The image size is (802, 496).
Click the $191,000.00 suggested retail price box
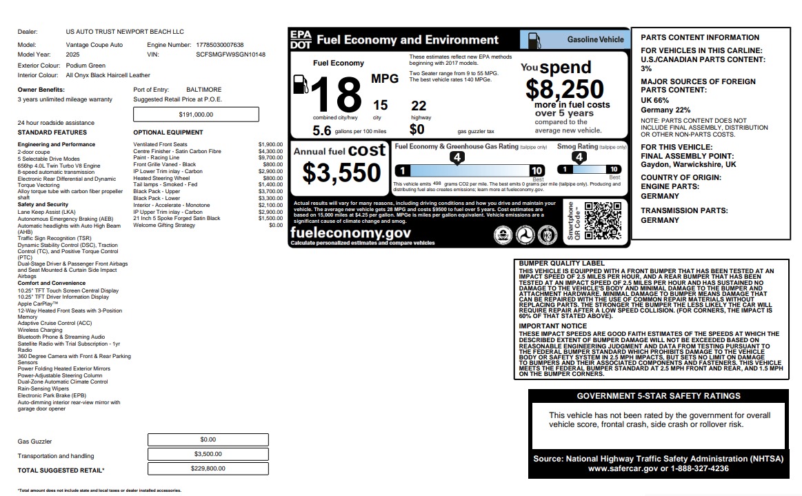[196, 115]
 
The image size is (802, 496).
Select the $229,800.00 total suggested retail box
[208, 468]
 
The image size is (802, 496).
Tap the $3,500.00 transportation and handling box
[208, 454]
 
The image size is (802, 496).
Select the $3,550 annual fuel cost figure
[341, 173]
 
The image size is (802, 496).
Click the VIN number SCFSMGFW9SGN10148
[230, 54]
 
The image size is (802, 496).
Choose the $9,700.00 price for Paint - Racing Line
[270, 158]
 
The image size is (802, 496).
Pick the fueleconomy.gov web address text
[350, 233]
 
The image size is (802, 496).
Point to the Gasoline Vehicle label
[595, 40]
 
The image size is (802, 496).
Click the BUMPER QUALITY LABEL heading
[561, 264]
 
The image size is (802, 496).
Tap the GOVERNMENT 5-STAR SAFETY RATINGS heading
[659, 396]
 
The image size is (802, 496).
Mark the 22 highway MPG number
[419, 106]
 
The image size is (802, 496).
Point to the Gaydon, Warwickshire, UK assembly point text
[688, 165]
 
